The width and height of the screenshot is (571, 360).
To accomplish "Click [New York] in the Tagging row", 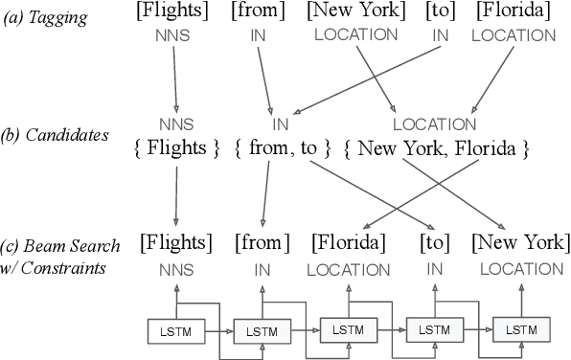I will coord(353,14).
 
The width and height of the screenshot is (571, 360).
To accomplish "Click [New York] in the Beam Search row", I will coord(519,242).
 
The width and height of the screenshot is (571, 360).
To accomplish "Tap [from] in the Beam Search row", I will coord(262,242).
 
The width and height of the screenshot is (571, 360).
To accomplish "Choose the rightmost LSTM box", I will coord(520,329).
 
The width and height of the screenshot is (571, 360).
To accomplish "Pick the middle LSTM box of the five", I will coord(347,328).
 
